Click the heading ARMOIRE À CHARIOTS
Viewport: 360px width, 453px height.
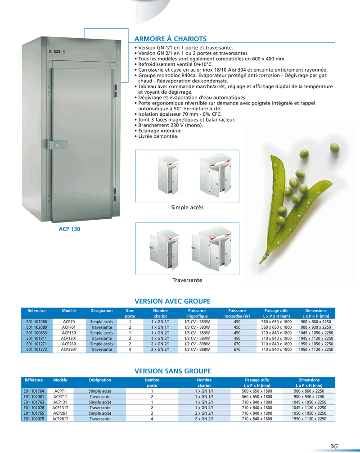171,39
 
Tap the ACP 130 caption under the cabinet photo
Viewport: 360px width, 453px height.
69,229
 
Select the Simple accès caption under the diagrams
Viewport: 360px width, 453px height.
187,208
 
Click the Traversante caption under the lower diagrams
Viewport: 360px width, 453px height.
187,280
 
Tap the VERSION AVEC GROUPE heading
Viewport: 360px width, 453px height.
173,301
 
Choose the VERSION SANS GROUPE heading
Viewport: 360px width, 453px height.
173,371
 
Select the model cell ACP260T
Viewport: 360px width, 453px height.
69,349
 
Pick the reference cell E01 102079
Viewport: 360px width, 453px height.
34,419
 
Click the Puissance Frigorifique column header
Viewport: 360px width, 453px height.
197,313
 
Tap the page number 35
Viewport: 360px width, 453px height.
333,446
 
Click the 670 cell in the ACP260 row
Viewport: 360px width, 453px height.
237,344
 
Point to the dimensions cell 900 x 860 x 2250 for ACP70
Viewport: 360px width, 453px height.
315,322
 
